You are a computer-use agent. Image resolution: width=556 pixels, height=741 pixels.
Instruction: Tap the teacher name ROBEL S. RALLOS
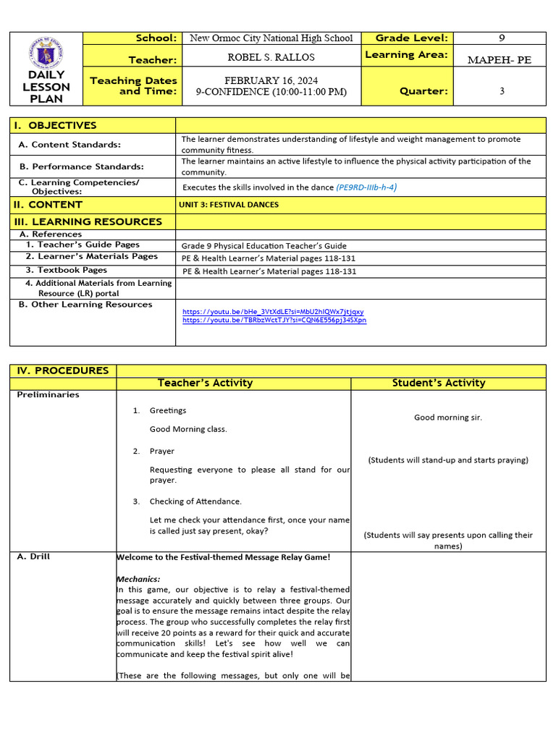pos(271,57)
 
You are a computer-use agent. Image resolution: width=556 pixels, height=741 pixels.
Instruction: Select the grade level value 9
pos(502,38)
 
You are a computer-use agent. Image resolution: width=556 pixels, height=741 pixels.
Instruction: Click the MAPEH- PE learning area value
pos(499,60)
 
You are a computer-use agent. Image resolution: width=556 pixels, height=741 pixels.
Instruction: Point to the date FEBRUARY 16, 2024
pos(271,80)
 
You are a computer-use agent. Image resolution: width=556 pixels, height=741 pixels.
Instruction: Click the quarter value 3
pos(502,91)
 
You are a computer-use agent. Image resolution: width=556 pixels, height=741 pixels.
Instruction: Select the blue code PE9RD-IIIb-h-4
pos(366,187)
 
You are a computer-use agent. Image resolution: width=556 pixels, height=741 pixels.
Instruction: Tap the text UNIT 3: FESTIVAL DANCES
pos(229,205)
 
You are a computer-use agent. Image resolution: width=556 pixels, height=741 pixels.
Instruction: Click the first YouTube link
pos(273,312)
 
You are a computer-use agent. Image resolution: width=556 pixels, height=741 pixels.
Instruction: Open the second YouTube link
pos(274,320)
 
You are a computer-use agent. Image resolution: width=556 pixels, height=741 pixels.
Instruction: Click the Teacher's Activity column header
pos(205,383)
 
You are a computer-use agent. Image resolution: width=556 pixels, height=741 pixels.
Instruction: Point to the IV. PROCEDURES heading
pos(62,370)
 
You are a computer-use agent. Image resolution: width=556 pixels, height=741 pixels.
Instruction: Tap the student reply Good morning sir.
pos(447,418)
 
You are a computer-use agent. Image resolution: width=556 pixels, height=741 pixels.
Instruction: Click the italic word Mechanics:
pos(138,579)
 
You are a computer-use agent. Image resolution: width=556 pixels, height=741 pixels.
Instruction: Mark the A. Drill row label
pos(34,556)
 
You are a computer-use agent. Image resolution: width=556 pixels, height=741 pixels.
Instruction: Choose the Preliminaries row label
pos(48,395)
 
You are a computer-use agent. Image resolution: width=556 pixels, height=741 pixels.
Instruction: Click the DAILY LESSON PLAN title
pos(46,87)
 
